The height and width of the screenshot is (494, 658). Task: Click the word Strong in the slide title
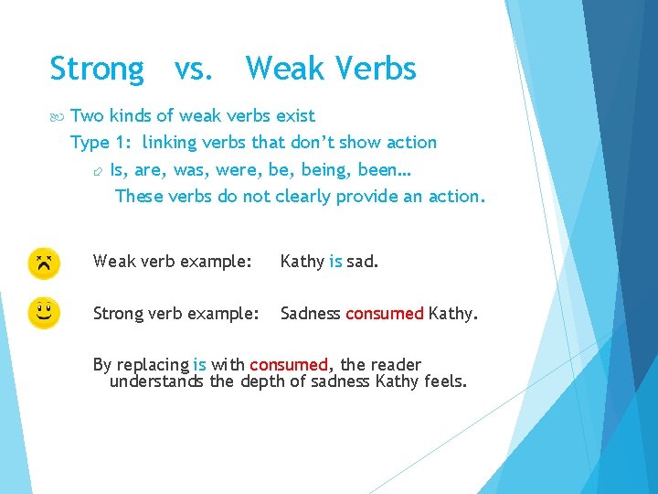click(x=97, y=70)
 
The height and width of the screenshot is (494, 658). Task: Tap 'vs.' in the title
click(x=194, y=70)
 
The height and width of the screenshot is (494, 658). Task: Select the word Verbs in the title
click(x=376, y=69)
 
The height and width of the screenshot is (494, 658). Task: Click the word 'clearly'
click(x=306, y=196)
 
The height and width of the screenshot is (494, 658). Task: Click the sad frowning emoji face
click(x=43, y=263)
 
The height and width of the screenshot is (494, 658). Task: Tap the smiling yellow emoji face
click(x=43, y=313)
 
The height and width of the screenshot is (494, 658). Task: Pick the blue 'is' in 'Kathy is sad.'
click(x=335, y=262)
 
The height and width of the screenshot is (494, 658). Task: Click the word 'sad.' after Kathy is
click(x=363, y=262)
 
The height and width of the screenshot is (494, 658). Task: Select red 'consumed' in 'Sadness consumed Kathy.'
click(x=384, y=314)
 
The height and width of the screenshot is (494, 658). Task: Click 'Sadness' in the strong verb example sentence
click(x=311, y=314)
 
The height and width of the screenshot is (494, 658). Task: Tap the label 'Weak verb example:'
click(x=172, y=262)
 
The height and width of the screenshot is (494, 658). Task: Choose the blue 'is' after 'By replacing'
click(x=199, y=364)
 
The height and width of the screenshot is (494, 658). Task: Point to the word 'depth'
click(x=263, y=381)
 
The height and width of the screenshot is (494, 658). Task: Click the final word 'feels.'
click(x=446, y=381)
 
